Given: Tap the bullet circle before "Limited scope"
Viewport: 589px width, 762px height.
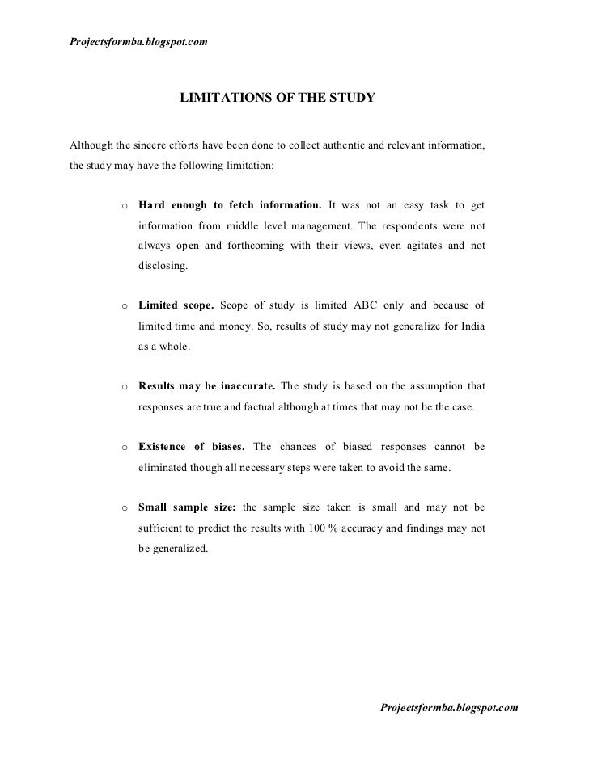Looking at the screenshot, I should tap(125, 305).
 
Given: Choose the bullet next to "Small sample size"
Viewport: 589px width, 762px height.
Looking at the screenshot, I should tap(125, 508).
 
